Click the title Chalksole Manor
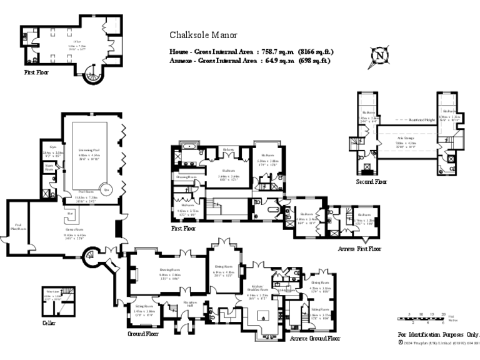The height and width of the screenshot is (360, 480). coord(204,36)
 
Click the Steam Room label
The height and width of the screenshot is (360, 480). coord(49,167)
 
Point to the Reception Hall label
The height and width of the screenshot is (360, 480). coord(191,304)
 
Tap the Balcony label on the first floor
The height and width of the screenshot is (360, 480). coord(229,149)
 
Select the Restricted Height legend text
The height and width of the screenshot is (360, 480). coord(421,119)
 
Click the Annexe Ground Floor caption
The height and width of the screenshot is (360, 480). coord(315,338)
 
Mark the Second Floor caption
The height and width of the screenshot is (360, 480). coord(372,182)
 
